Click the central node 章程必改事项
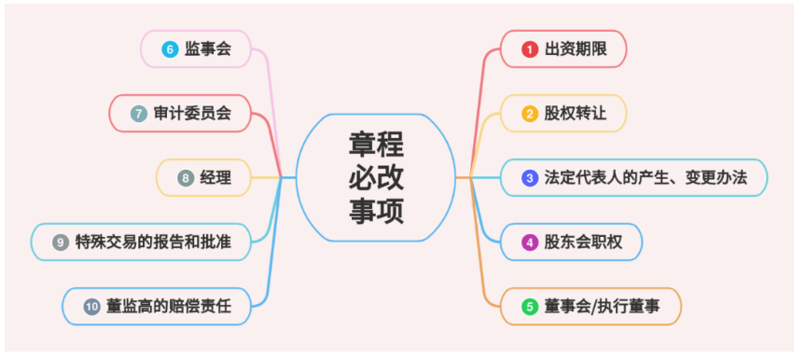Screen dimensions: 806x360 tap(377, 177)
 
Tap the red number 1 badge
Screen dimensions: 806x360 tap(530, 49)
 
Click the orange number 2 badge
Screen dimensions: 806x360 tap(530, 114)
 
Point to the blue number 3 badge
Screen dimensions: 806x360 tap(530, 177)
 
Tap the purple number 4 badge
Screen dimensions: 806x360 tap(530, 242)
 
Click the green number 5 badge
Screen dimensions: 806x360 tap(530, 306)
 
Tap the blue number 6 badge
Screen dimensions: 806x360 tap(170, 49)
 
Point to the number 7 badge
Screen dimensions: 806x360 tap(138, 114)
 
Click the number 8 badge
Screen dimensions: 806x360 tap(185, 177)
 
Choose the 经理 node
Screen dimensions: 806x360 tap(215, 177)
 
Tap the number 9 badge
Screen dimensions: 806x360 tap(61, 242)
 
